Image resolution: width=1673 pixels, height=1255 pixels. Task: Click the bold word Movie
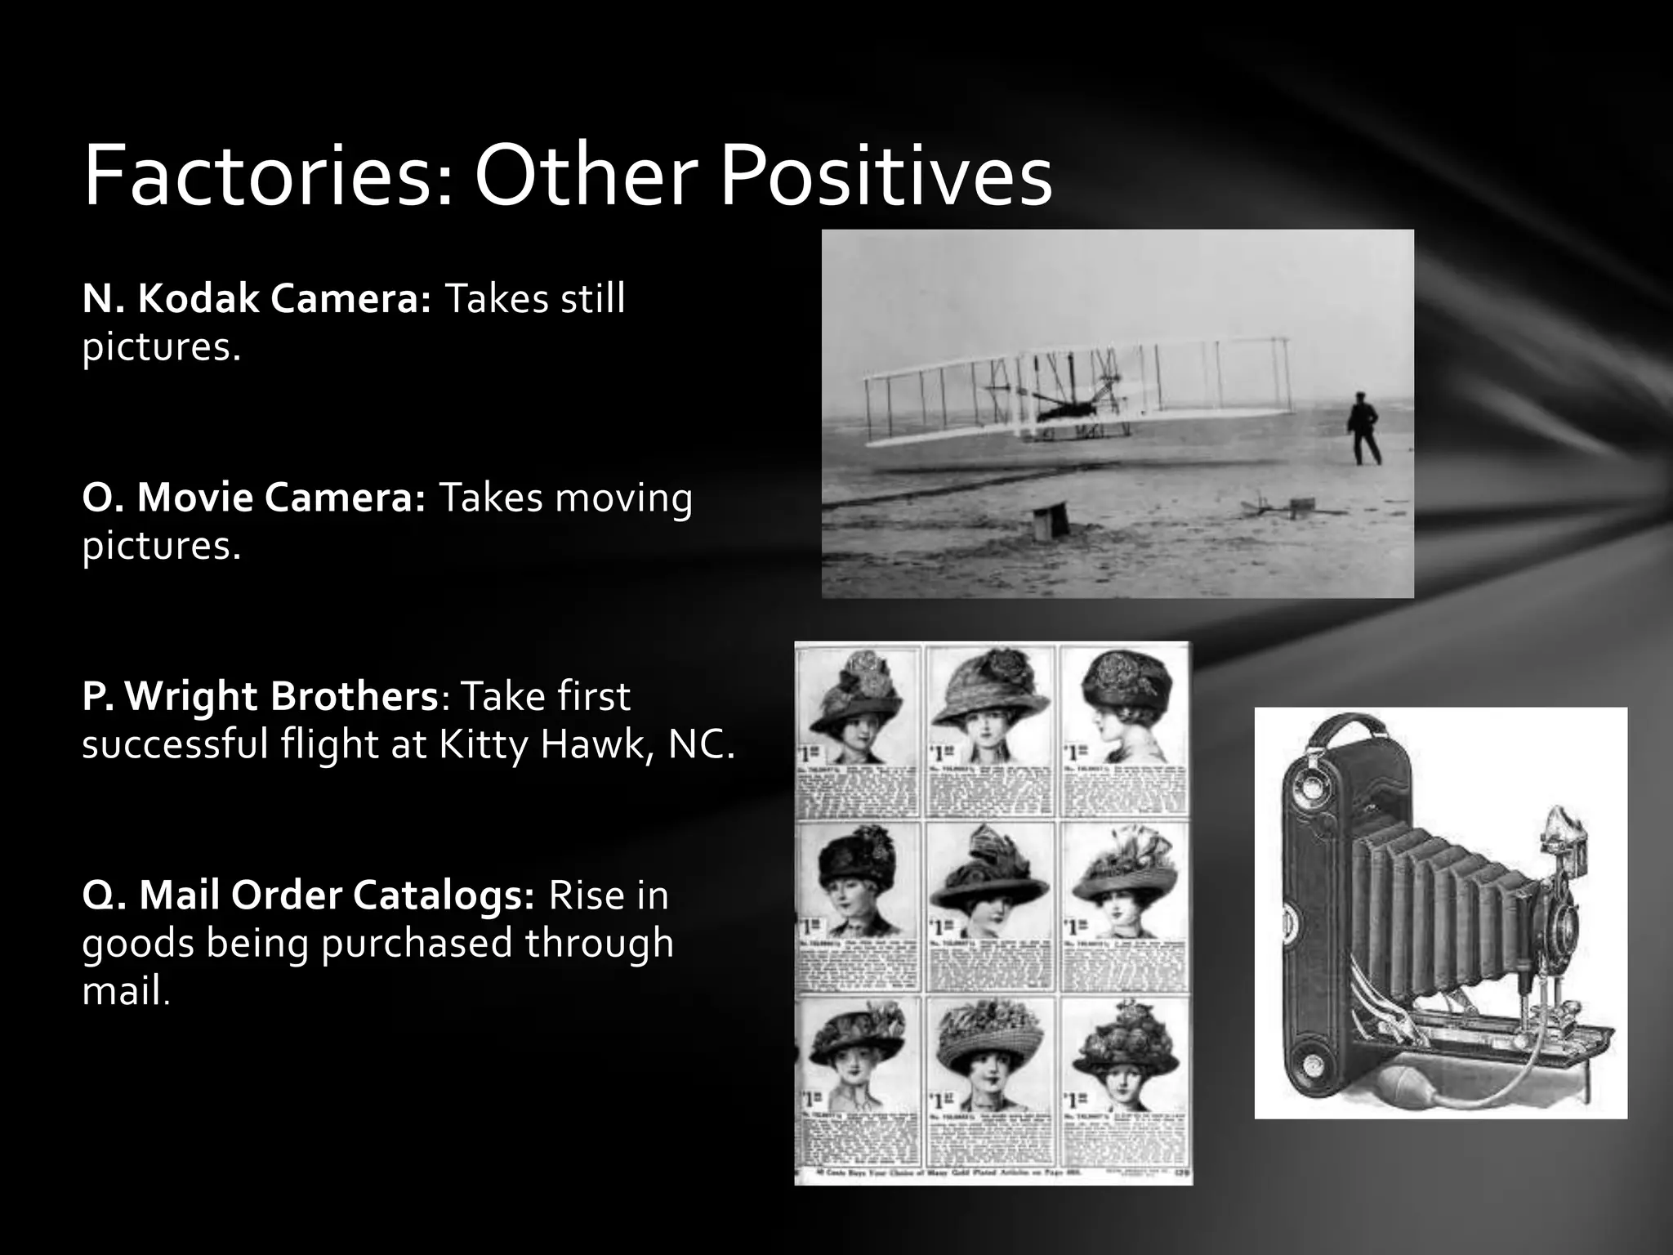(195, 498)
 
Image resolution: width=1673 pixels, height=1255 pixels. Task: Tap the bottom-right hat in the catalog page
(1125, 1049)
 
